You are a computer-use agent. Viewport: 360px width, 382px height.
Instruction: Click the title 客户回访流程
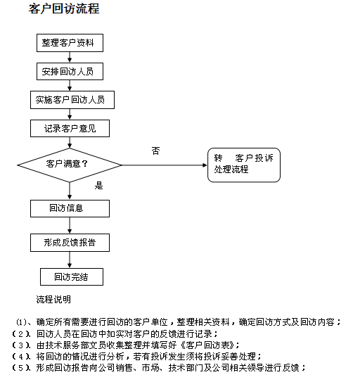[x=64, y=9]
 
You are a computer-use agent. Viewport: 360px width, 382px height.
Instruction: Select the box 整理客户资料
[x=70, y=43]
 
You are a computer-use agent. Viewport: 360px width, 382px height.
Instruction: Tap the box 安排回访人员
[x=70, y=71]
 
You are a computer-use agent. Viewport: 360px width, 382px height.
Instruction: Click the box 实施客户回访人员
[x=72, y=100]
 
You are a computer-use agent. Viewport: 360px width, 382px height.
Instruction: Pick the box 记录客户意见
[x=70, y=129]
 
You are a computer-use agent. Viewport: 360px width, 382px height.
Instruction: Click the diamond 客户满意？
[x=70, y=165]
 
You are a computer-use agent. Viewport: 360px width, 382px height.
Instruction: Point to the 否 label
[x=156, y=151]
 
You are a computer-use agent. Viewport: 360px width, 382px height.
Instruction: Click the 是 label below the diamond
[x=99, y=186]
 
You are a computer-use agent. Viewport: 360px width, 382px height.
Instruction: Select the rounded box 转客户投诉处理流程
[x=244, y=165]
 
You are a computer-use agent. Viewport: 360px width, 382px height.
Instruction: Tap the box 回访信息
[x=70, y=208]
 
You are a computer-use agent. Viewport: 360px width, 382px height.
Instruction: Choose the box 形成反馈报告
[x=70, y=243]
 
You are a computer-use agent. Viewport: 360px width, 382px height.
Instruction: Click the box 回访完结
[x=72, y=276]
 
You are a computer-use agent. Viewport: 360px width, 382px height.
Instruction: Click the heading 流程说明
[x=53, y=300]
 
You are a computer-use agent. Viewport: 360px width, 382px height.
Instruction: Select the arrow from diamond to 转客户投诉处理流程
[x=165, y=165]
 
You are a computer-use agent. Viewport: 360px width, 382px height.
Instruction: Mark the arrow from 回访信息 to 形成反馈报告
[x=70, y=225]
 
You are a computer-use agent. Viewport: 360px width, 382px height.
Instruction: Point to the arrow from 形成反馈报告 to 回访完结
[x=70, y=260]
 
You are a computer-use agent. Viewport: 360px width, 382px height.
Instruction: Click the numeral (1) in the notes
[x=21, y=322]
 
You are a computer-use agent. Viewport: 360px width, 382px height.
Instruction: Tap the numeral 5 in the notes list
[x=21, y=368]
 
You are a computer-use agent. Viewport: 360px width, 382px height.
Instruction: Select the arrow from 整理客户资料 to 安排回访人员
[x=70, y=57]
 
